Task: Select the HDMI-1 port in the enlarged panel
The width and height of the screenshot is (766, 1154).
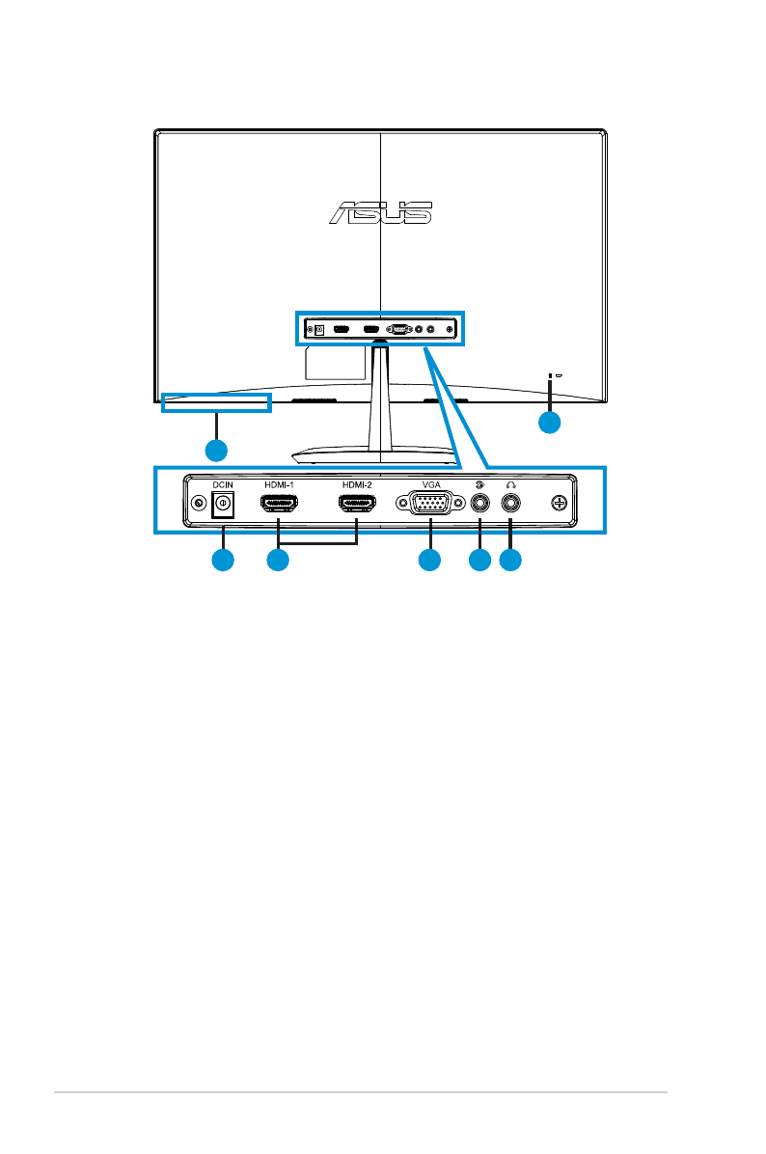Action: coord(279,503)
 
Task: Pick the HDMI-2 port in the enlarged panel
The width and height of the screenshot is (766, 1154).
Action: coord(357,503)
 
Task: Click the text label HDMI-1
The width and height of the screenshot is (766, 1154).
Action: coord(279,484)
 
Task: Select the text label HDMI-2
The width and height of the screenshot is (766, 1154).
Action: coord(357,484)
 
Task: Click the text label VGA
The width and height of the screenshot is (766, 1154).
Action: coord(430,484)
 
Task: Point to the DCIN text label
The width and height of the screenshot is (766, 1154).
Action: coord(224,484)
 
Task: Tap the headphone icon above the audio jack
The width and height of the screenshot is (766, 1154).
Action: coord(510,484)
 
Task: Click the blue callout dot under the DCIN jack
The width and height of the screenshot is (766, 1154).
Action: coord(223,560)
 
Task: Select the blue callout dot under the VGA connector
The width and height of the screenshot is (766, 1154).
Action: coord(429,560)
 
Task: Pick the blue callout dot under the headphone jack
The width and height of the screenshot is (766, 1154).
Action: coord(511,560)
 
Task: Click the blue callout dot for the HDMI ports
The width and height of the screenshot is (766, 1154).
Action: coord(278,560)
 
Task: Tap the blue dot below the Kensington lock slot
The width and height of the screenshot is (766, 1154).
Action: coord(549,423)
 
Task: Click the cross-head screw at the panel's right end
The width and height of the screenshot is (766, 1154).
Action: coord(561,503)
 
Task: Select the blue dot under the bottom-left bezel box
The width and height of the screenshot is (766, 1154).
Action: coord(216,450)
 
